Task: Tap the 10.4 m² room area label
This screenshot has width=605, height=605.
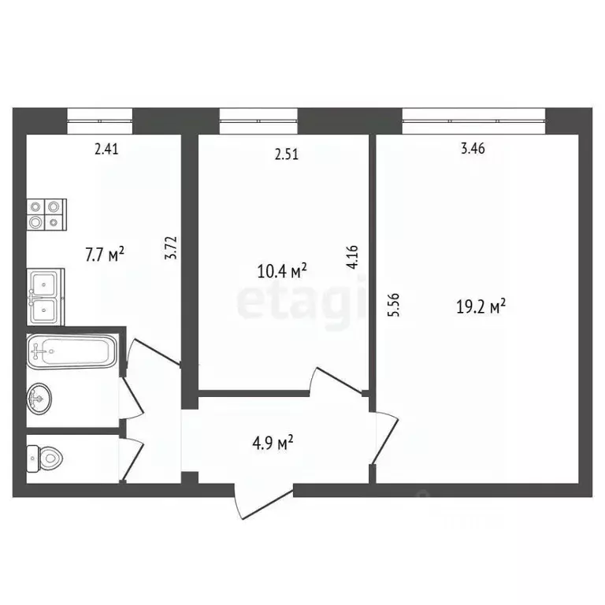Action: pyautogui.click(x=282, y=272)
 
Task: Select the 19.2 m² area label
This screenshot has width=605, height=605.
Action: pyautogui.click(x=481, y=306)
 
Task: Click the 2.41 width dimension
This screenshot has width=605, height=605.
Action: pyautogui.click(x=106, y=149)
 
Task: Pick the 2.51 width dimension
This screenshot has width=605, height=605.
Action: pyautogui.click(x=286, y=155)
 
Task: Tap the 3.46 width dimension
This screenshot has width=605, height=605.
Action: pyautogui.click(x=471, y=149)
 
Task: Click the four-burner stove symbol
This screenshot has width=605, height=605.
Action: pyautogui.click(x=46, y=214)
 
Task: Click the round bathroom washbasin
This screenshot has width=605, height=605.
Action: pyautogui.click(x=40, y=399)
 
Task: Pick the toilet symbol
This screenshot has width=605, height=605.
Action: pyautogui.click(x=48, y=457)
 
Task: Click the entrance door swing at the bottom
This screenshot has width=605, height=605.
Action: pyautogui.click(x=264, y=500)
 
